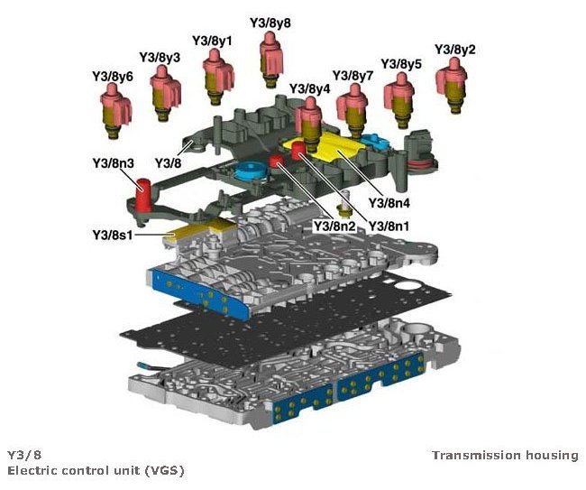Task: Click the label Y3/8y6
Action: click(113, 77)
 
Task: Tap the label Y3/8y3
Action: click(160, 57)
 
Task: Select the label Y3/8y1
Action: click(212, 41)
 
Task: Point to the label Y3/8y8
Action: click(270, 22)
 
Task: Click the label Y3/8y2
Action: click(455, 49)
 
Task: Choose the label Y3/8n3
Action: click(113, 163)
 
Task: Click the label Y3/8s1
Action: click(113, 235)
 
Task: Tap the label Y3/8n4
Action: click(389, 203)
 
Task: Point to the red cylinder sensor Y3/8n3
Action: click(142, 194)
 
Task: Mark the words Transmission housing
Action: click(504, 455)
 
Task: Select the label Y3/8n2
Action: click(334, 225)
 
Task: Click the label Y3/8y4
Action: click(309, 89)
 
